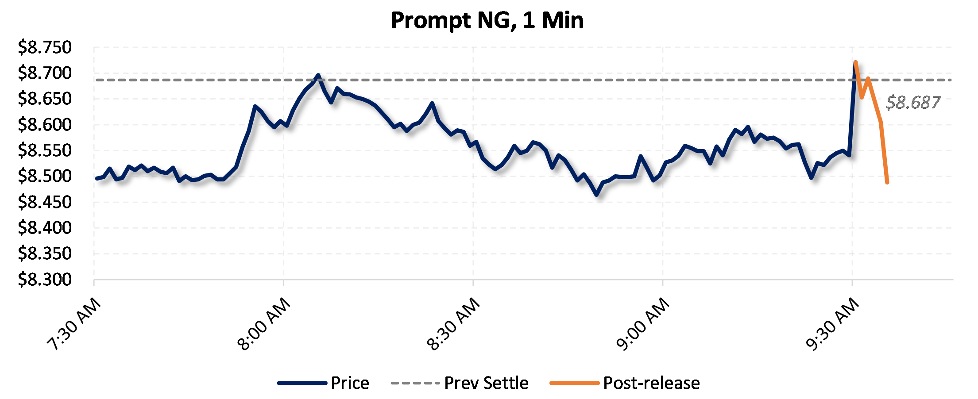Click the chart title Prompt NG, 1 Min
(x=487, y=20)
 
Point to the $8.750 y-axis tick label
(x=44, y=47)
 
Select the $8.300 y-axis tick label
(x=44, y=280)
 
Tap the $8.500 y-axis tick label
(x=44, y=176)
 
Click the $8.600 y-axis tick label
(x=44, y=125)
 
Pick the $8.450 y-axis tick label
(x=44, y=202)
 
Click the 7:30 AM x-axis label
(x=74, y=324)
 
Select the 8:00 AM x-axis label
(x=264, y=324)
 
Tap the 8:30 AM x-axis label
(x=453, y=324)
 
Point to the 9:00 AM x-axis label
(x=643, y=324)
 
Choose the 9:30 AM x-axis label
(x=832, y=324)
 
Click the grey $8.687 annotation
(x=913, y=102)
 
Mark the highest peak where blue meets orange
(x=855, y=62)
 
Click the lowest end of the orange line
(x=887, y=182)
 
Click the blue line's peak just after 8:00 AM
(x=318, y=75)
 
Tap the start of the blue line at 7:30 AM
(x=97, y=178)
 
